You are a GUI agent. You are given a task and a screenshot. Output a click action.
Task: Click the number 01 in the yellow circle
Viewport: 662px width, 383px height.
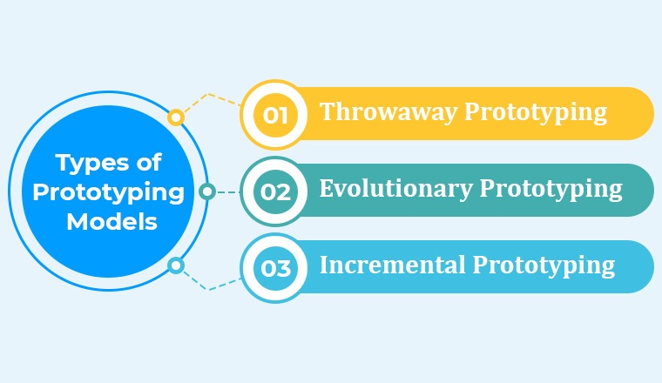(275, 114)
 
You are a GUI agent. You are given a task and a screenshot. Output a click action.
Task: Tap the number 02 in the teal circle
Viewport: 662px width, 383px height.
(275, 191)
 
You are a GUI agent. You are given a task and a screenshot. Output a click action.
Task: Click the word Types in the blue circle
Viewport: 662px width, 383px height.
(89, 162)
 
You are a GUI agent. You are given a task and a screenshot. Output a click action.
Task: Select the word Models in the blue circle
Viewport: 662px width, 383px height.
(111, 222)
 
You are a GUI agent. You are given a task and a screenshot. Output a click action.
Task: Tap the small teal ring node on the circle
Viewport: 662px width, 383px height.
(206, 191)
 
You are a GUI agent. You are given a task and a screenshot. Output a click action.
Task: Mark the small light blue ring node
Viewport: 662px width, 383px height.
(176, 265)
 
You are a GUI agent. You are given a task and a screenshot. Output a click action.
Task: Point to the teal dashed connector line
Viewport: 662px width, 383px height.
(226, 191)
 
